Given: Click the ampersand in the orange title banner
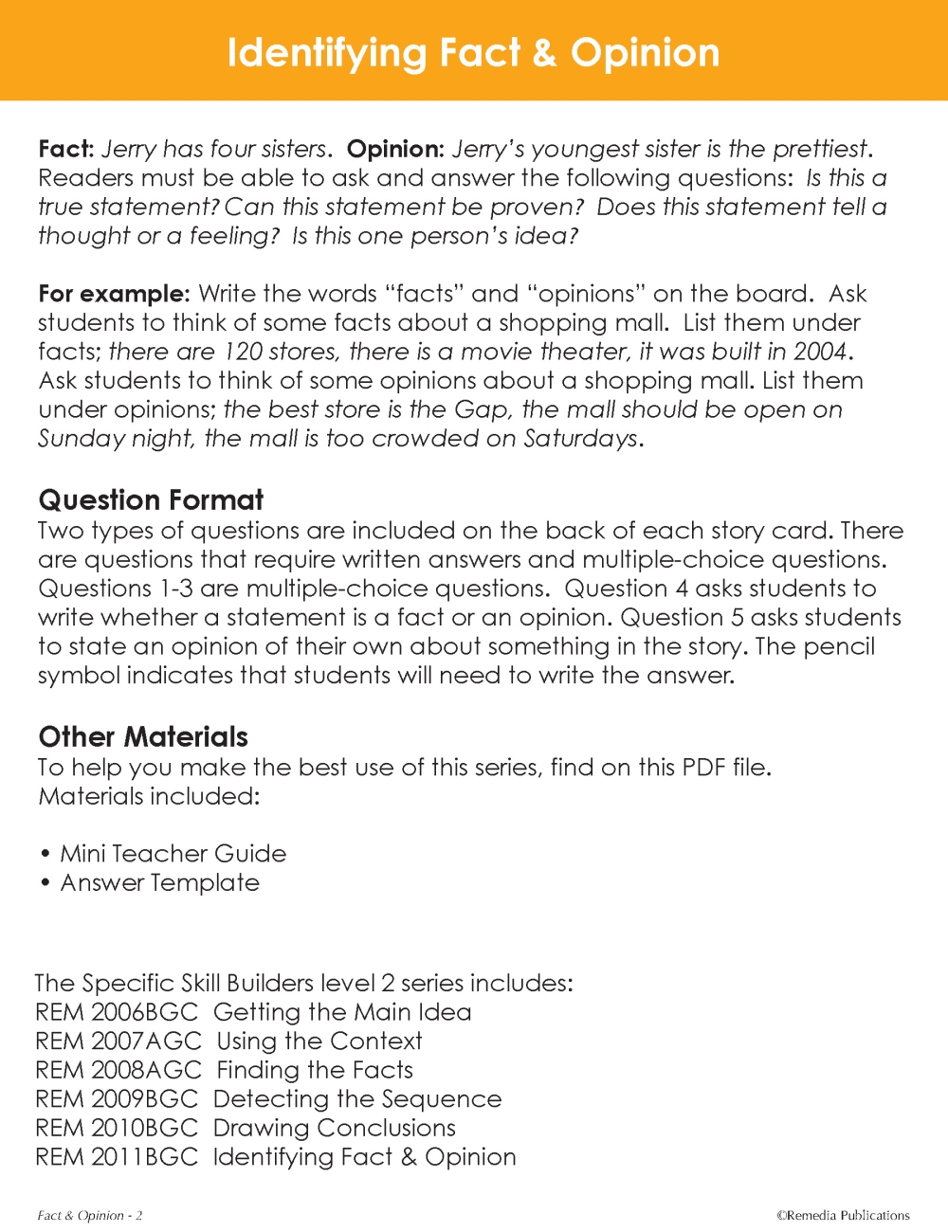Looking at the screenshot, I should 544,53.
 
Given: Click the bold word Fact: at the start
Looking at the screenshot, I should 65,149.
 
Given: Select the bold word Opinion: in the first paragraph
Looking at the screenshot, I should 394,149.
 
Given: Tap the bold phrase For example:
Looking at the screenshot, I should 114,294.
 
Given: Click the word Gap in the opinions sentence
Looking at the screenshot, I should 481,409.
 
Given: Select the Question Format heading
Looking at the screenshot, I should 151,499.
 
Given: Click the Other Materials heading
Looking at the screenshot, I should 143,736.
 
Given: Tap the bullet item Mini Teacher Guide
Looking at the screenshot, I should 173,853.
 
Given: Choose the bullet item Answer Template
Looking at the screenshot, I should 159,882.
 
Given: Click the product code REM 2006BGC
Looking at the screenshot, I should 117,1012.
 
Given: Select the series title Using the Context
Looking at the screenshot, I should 319,1041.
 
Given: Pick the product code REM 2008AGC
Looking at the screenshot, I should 118,1070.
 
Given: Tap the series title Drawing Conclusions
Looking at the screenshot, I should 335,1128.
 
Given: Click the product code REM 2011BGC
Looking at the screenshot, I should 117,1157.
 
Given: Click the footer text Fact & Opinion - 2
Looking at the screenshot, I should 90,1215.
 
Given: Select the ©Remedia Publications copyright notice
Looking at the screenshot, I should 843,1215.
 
